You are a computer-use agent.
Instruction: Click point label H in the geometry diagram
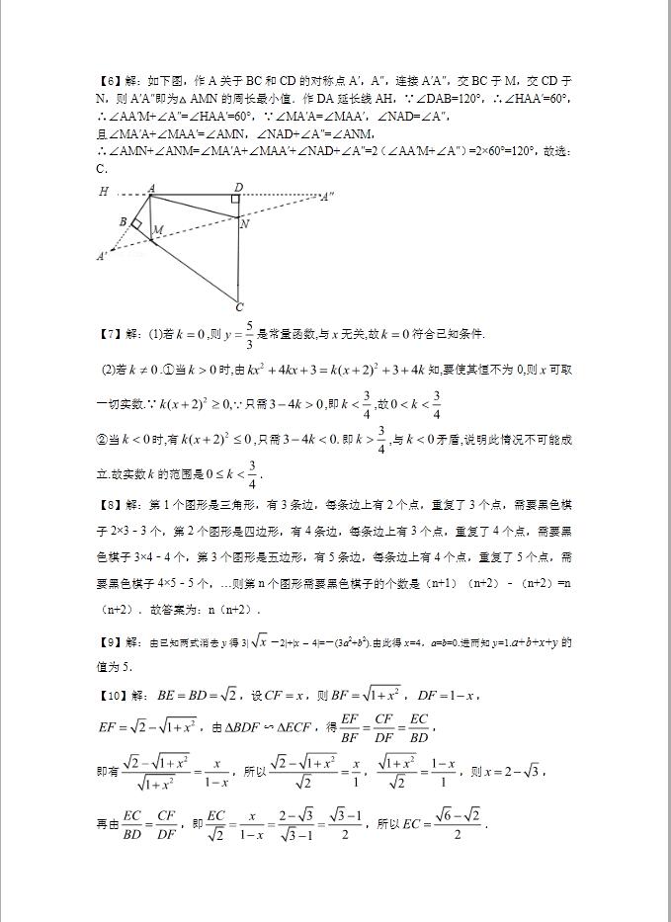[x=103, y=191]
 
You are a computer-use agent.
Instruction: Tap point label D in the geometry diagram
[x=238, y=187]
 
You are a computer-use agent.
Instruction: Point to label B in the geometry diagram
[x=122, y=222]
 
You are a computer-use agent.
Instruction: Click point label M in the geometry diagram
[x=157, y=230]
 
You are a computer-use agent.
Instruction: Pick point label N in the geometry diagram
[x=243, y=224]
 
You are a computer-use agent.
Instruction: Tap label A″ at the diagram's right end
[x=325, y=197]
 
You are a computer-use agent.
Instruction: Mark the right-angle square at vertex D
[x=235, y=200]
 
